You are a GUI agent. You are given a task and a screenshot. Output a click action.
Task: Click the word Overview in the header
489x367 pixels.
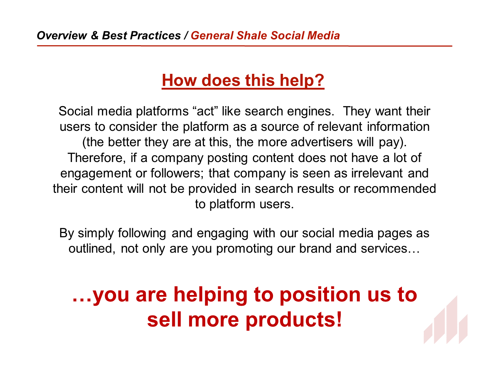coord(62,35)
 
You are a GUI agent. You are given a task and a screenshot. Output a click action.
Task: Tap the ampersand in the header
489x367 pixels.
coord(95,35)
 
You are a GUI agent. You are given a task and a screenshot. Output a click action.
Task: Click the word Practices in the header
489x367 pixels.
coord(155,35)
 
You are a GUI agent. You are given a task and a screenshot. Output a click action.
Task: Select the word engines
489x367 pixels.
coord(311,111)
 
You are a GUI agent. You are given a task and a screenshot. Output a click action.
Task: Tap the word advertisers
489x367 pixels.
coord(321,142)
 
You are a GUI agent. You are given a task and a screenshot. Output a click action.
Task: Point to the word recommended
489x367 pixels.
coord(395,189)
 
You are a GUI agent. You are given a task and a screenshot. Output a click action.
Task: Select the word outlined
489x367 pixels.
coord(92,249)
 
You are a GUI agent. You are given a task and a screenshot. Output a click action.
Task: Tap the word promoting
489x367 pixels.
coord(244,249)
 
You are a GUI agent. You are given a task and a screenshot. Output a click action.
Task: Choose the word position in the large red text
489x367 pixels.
coord(320,295)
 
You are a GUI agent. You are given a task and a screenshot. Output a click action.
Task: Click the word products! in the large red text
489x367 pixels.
coord(294,320)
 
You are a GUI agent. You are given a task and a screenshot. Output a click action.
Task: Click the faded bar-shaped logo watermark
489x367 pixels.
coord(446,320)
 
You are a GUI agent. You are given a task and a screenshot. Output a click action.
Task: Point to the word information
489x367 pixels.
coord(398,127)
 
